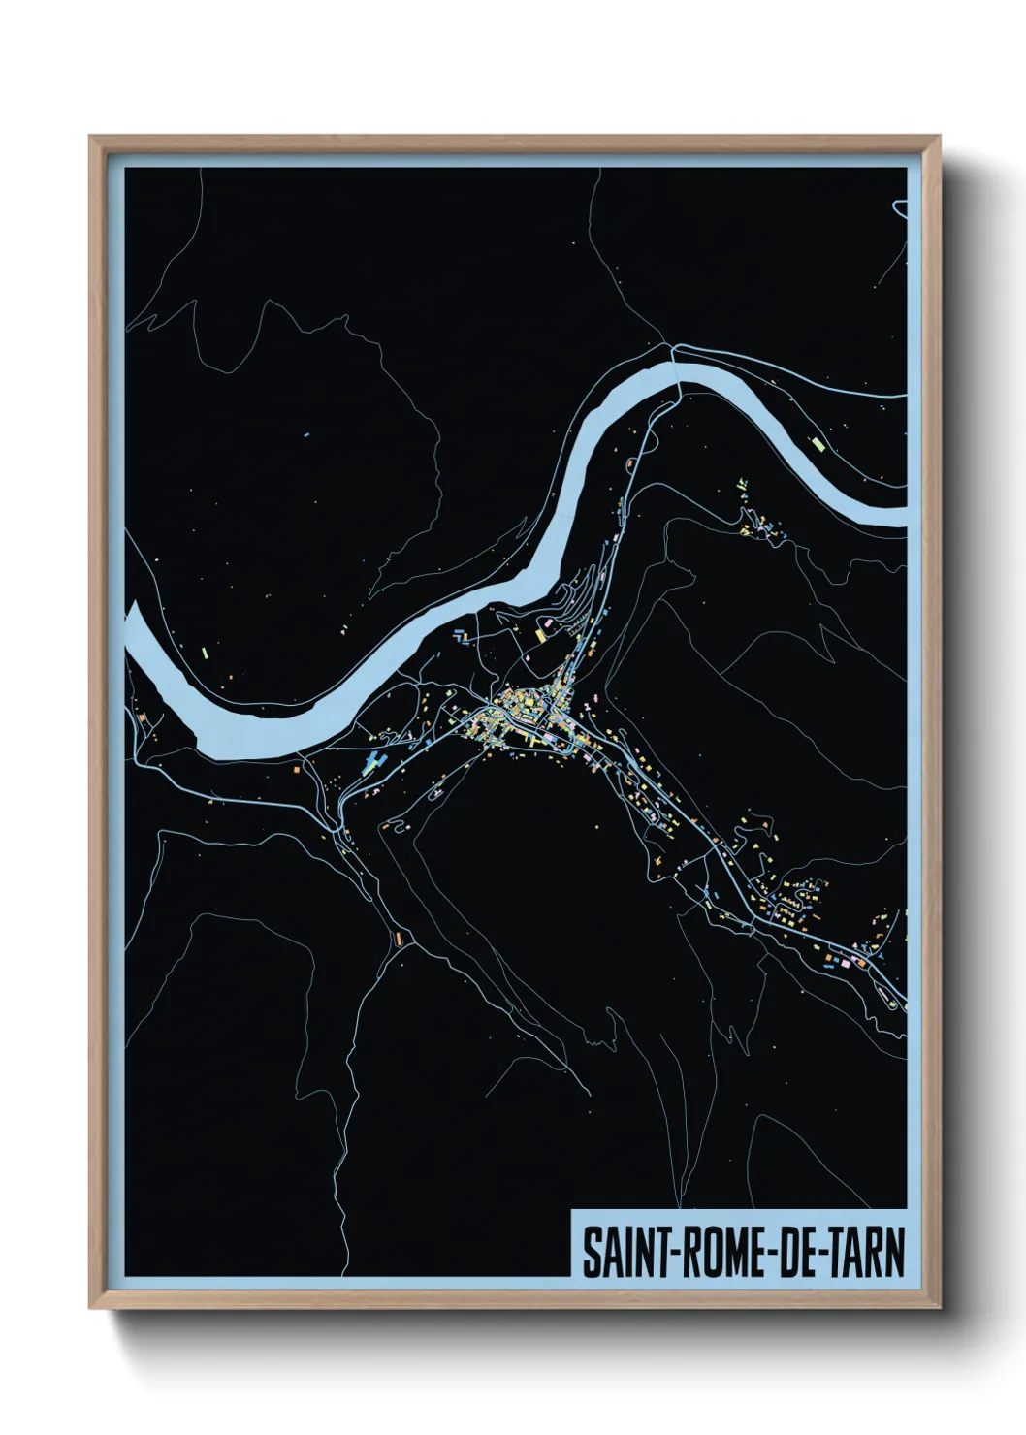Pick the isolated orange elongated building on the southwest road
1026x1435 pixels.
click(x=398, y=938)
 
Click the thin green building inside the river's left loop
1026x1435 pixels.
click(x=206, y=653)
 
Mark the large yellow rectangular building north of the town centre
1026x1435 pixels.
click(x=541, y=635)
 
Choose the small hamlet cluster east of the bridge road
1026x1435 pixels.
click(x=761, y=524)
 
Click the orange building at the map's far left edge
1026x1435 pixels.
click(x=142, y=718)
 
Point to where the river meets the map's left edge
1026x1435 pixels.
click(x=130, y=630)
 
